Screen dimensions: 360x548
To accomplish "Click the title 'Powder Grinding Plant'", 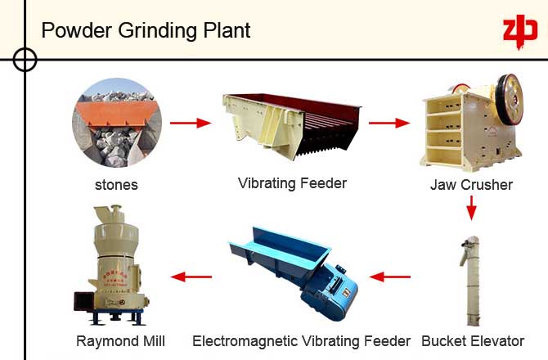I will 146,30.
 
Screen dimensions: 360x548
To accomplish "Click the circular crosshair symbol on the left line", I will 25,59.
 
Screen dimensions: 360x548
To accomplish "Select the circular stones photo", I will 116,124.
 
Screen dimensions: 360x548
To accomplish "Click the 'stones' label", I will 116,184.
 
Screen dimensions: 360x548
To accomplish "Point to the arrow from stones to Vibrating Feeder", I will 190,124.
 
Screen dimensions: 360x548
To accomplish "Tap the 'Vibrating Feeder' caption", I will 292,182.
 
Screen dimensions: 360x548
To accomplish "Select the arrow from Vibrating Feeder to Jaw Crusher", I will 389,124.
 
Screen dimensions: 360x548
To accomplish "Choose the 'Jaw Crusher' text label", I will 471,184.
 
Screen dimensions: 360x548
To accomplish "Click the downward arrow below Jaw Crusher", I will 471,209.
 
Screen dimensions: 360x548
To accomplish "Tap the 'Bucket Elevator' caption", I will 473,340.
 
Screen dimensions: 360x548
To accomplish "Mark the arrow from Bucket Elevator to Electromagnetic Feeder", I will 391,276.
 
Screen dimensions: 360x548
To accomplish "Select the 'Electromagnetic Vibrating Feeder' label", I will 302,340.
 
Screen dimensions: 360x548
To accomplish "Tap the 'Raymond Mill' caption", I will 120,340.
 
